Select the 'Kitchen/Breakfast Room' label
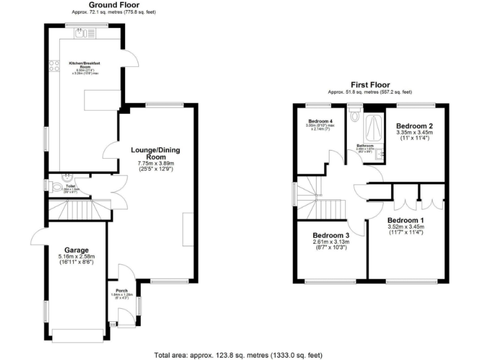pyautogui.click(x=85, y=65)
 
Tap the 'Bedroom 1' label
pyautogui.click(x=406, y=221)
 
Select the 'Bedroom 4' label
pyautogui.click(x=320, y=121)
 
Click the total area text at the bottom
pyautogui.click(x=239, y=354)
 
